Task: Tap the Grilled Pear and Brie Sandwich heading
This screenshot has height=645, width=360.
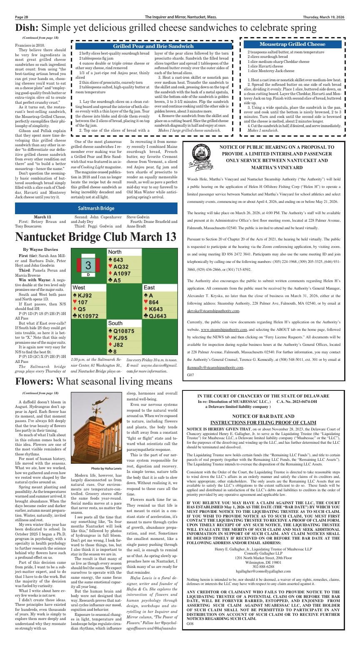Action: point(154,46)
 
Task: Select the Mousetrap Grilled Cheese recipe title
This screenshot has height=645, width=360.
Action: point(292,44)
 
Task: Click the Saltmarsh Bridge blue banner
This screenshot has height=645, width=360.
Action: point(96,208)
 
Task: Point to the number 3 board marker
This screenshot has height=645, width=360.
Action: point(88,265)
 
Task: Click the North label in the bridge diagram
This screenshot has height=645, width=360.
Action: point(115,252)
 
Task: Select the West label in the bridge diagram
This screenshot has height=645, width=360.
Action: point(79,287)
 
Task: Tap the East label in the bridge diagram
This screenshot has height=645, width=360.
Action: point(149,287)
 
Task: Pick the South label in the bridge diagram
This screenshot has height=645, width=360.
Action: point(115,323)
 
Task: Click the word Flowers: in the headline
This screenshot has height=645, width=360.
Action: point(34,382)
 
